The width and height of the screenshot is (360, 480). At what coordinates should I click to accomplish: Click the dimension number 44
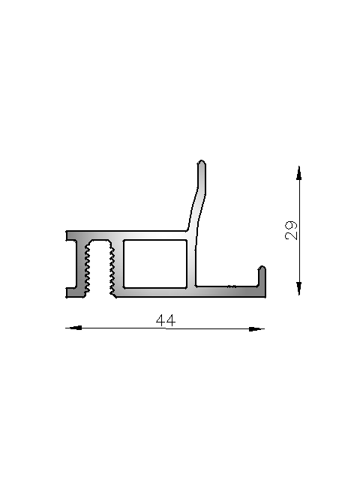pyautogui.click(x=166, y=320)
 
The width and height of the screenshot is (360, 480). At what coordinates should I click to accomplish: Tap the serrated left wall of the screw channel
pyautogui.click(x=88, y=266)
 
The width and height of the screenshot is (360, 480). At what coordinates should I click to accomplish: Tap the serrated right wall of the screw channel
pyautogui.click(x=112, y=266)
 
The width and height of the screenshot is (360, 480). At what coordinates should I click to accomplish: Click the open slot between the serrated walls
pyautogui.click(x=100, y=270)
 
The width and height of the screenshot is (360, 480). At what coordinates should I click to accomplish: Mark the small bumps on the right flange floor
pyautogui.click(x=232, y=286)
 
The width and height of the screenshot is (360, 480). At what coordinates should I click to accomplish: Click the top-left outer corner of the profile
pyautogui.click(x=67, y=232)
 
